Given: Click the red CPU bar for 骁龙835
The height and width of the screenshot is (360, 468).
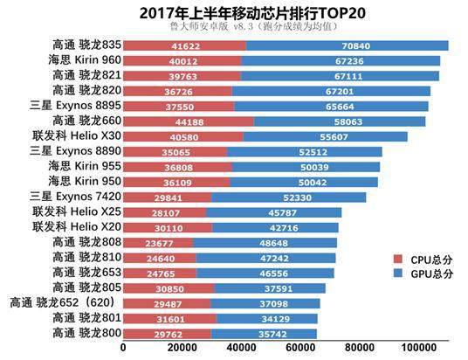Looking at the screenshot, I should pos(184,45).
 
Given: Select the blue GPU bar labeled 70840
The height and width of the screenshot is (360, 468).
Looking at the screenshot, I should pos(348,45).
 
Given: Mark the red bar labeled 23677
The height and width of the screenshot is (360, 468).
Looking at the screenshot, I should pos(158,242).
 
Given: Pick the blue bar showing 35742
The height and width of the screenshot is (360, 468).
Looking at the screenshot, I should pos(264,333).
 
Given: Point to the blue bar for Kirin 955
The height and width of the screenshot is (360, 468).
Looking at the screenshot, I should pos(306,166).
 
